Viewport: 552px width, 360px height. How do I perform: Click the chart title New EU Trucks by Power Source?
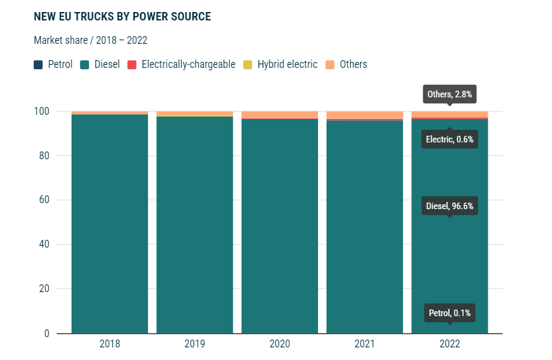[x=122, y=16]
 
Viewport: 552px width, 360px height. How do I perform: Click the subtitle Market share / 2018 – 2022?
[x=90, y=40]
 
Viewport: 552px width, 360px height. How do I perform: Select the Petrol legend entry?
[x=54, y=64]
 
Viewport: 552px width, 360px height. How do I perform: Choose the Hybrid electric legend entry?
[x=280, y=64]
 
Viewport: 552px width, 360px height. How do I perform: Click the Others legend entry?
[x=346, y=64]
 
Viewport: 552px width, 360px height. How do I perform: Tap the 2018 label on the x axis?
[x=109, y=344]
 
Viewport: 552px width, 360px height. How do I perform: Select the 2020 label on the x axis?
[x=280, y=344]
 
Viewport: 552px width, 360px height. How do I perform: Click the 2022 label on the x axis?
[x=450, y=344]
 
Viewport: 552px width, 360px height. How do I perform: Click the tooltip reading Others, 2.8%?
[x=450, y=94]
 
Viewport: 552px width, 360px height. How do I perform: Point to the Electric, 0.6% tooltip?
[x=450, y=139]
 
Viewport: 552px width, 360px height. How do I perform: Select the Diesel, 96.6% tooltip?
[x=450, y=206]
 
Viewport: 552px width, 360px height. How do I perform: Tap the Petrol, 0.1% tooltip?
[x=450, y=313]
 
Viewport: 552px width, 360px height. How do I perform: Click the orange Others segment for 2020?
[x=280, y=115]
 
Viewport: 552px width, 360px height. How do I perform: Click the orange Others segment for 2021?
[x=364, y=115]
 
